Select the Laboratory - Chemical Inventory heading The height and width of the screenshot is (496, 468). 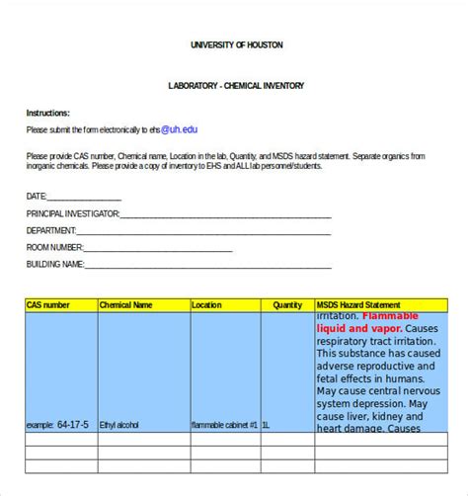coord(236,86)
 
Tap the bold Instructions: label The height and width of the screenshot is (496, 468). coord(48,114)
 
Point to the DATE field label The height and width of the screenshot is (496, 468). coord(37,196)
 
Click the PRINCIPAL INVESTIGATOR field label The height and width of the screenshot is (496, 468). coord(73,212)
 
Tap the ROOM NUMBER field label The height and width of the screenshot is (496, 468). coord(55,247)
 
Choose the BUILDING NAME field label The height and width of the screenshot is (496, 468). coord(55,264)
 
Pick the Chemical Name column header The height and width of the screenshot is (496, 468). coord(126,305)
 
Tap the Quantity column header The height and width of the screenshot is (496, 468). coord(287,305)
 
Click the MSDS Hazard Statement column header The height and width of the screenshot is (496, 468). coord(358,305)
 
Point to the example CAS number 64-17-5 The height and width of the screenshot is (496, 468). coord(73,425)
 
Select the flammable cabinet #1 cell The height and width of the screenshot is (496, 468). coord(224,425)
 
